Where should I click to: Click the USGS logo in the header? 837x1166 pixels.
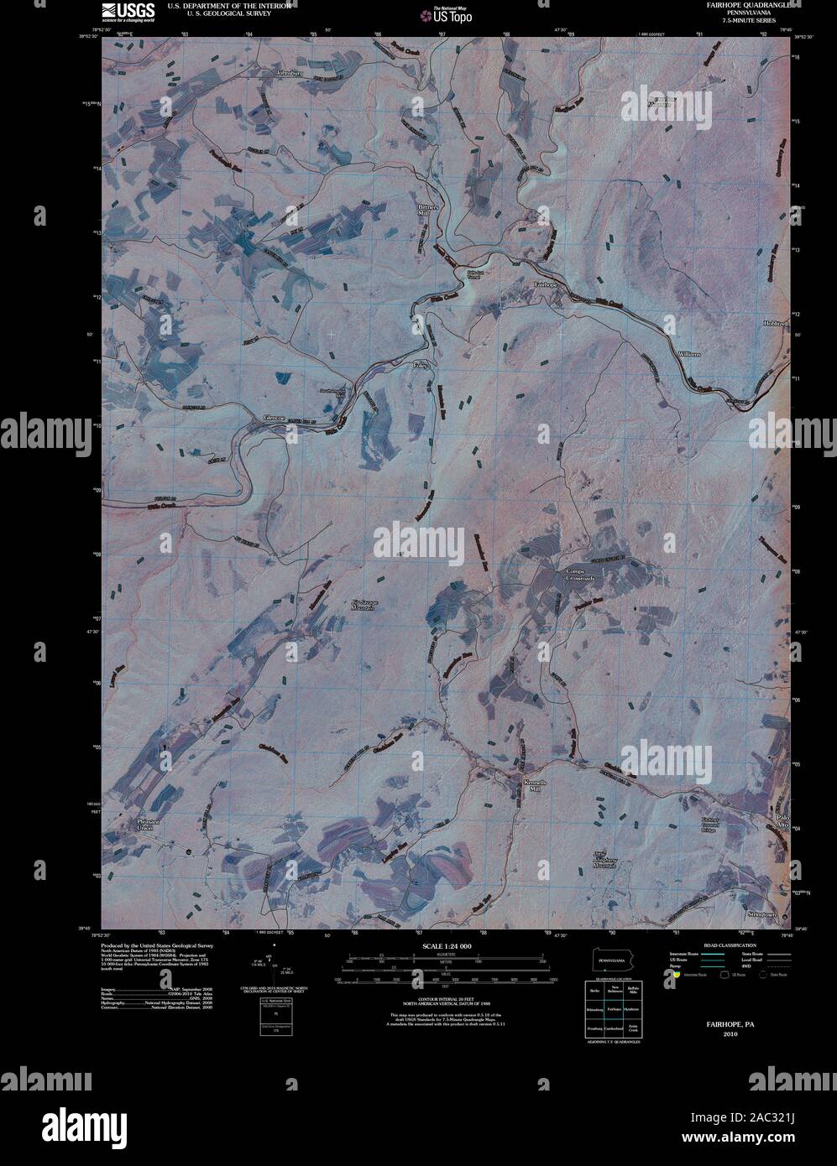tap(128, 11)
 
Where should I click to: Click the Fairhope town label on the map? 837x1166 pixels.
tap(546, 285)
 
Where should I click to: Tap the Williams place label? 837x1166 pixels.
tap(689, 355)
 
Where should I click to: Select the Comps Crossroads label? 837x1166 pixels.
tap(579, 575)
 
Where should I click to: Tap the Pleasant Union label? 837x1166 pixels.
tap(149, 824)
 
